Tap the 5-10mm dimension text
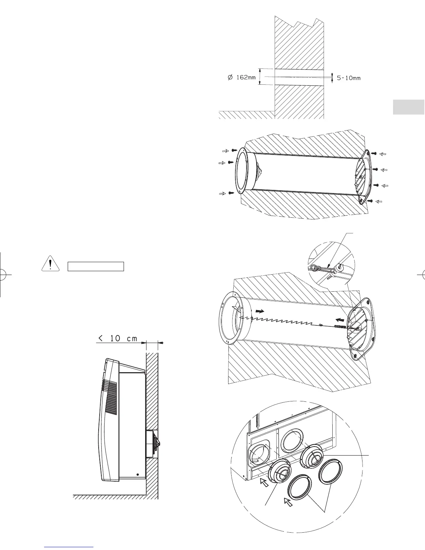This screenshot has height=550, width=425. click(349, 78)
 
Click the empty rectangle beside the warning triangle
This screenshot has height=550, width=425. click(95, 266)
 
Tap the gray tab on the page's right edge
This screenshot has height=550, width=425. click(409, 107)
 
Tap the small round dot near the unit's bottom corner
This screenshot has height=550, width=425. click(137, 474)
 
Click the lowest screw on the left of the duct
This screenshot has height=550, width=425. click(231, 193)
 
